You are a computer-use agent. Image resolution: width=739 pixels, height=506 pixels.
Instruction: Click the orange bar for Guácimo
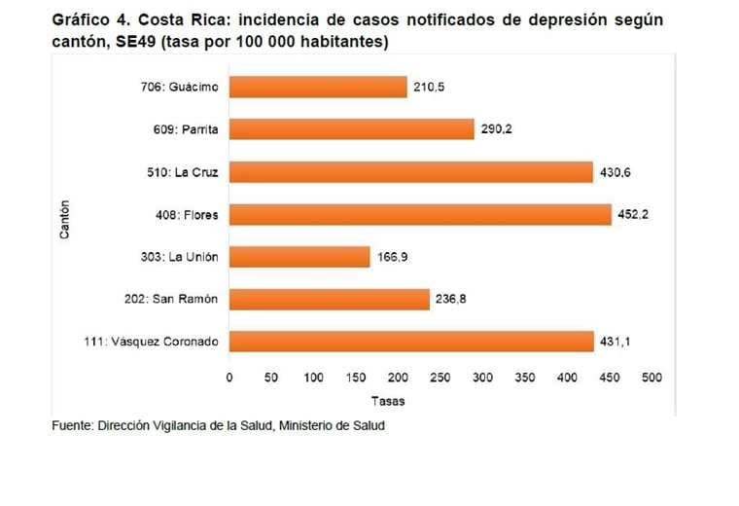tap(318, 88)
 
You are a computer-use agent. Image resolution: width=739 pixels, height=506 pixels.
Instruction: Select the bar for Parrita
tap(351, 129)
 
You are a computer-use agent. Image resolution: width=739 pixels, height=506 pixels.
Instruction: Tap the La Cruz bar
tap(410, 172)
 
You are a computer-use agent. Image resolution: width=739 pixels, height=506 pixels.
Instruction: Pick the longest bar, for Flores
tap(420, 214)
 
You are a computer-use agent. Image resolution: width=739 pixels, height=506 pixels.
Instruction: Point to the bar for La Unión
tap(299, 257)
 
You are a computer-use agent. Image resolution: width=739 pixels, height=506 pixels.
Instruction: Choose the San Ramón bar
tap(329, 299)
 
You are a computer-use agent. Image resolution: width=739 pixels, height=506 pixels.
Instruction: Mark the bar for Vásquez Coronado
tap(410, 342)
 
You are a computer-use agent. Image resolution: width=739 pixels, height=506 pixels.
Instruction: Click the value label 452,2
tap(633, 215)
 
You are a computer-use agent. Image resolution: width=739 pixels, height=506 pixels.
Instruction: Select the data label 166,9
tap(393, 257)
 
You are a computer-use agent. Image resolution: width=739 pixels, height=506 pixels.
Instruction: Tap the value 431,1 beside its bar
tap(616, 342)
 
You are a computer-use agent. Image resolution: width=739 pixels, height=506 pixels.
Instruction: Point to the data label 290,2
tap(496, 129)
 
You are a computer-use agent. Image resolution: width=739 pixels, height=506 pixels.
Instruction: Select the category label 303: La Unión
tap(180, 257)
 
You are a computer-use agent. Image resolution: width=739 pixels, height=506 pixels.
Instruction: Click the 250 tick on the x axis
tap(440, 377)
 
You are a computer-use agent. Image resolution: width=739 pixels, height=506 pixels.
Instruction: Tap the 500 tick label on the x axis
tap(651, 377)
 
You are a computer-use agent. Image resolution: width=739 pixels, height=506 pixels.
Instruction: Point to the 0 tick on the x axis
tap(229, 377)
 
